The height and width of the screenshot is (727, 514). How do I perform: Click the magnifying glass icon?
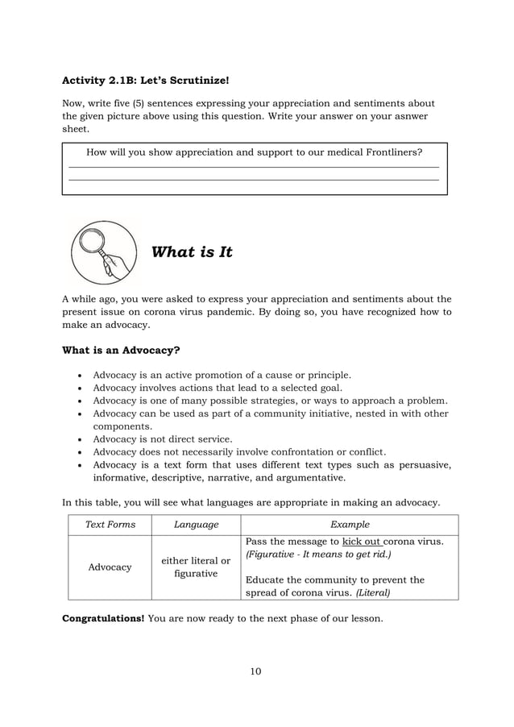tap(102, 251)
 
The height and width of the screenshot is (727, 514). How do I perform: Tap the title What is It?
tap(192, 252)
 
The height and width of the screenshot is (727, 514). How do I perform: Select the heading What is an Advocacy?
tap(121, 351)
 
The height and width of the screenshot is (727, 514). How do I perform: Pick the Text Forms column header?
tap(110, 525)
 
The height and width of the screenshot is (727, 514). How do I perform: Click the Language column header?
tap(197, 525)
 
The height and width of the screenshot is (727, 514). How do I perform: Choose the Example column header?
tap(350, 525)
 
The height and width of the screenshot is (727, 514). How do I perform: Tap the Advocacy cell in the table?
tap(110, 567)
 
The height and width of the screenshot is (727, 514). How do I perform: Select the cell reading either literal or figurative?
tap(197, 567)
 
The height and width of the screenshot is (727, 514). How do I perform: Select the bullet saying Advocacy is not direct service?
tap(163, 439)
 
